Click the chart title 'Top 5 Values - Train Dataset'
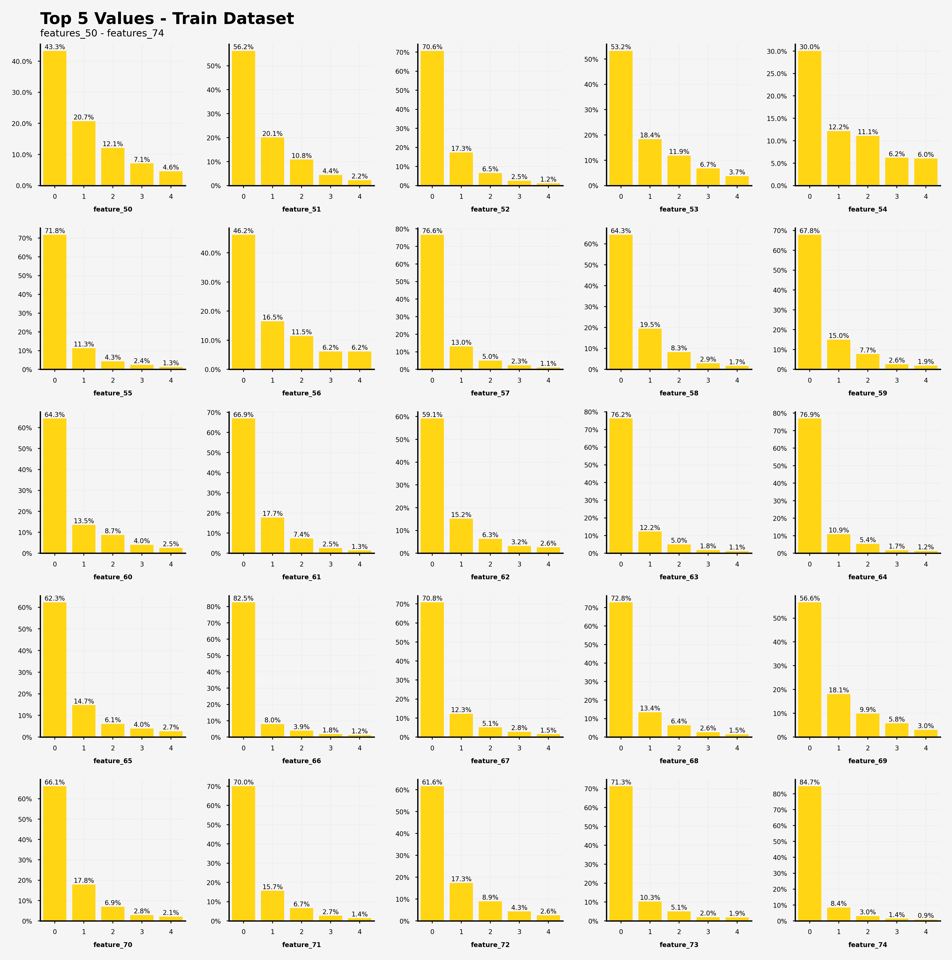click(x=167, y=19)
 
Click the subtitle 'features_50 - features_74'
click(x=102, y=33)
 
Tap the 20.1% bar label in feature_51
click(x=272, y=134)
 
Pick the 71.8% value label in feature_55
click(x=55, y=231)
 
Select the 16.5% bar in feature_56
click(x=272, y=345)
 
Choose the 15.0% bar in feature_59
click(x=839, y=354)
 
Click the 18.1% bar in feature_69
click(x=839, y=716)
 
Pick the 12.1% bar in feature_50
click(x=113, y=166)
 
